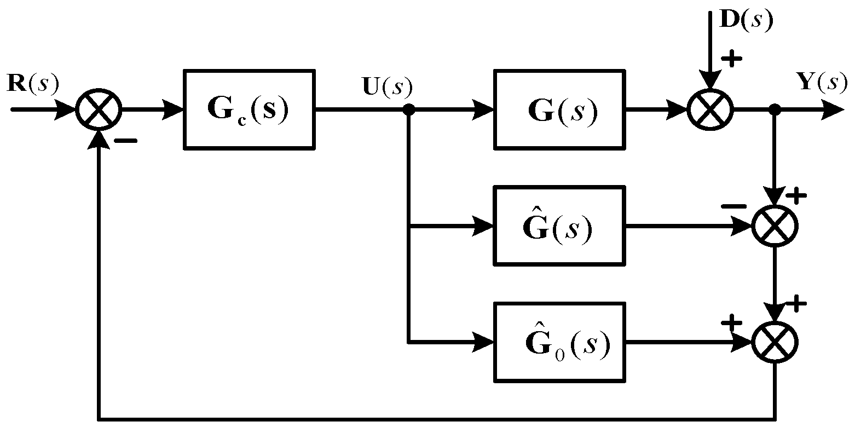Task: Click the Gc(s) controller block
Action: pos(249,109)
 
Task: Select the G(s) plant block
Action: pos(559,109)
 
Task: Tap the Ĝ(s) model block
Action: pos(559,226)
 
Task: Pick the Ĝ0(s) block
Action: pos(559,342)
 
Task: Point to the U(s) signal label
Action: pos(388,86)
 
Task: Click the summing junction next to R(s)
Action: pos(99,109)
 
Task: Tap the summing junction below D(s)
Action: pos(709,109)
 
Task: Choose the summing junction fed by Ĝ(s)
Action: pos(775,226)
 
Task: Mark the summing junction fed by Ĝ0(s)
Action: pos(775,342)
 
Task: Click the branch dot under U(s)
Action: pos(408,109)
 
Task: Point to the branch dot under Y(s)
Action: pos(775,109)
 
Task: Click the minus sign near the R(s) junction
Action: pos(125,141)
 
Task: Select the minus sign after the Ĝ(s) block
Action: pos(733,207)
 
